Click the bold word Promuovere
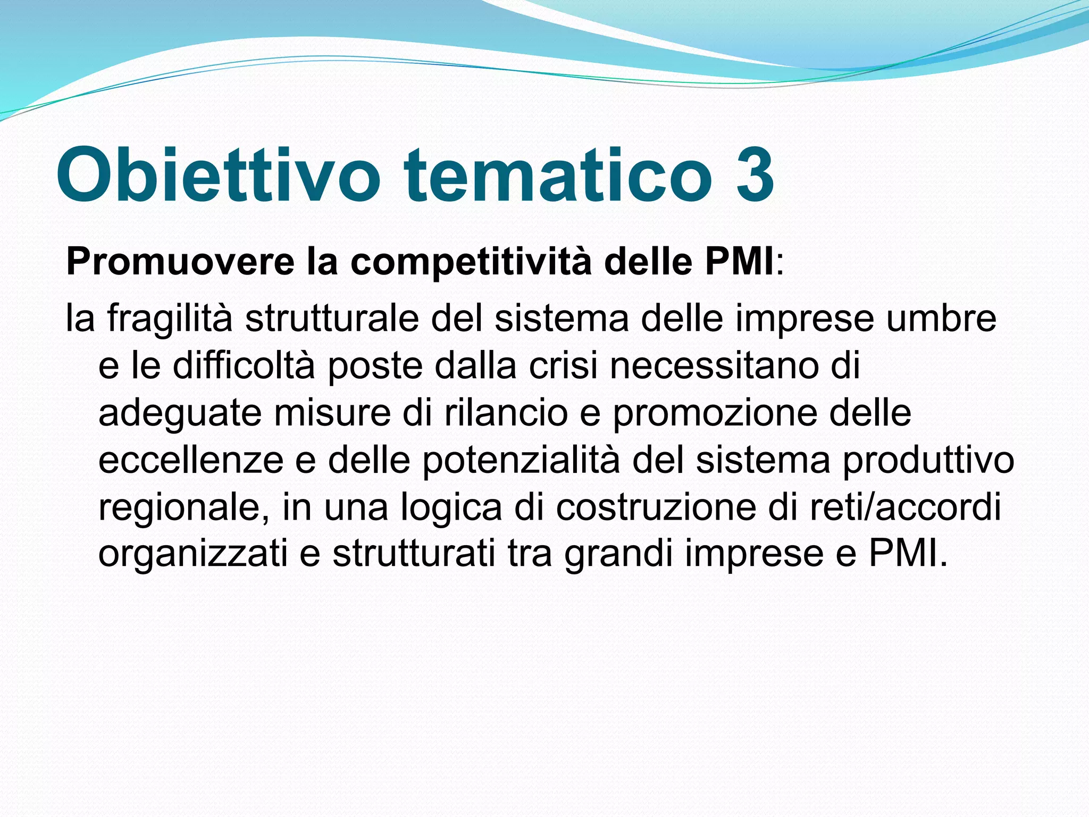click(x=180, y=262)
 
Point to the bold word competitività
click(x=471, y=262)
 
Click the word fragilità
click(x=170, y=319)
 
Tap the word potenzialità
click(x=521, y=460)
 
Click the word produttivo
click(x=928, y=460)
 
